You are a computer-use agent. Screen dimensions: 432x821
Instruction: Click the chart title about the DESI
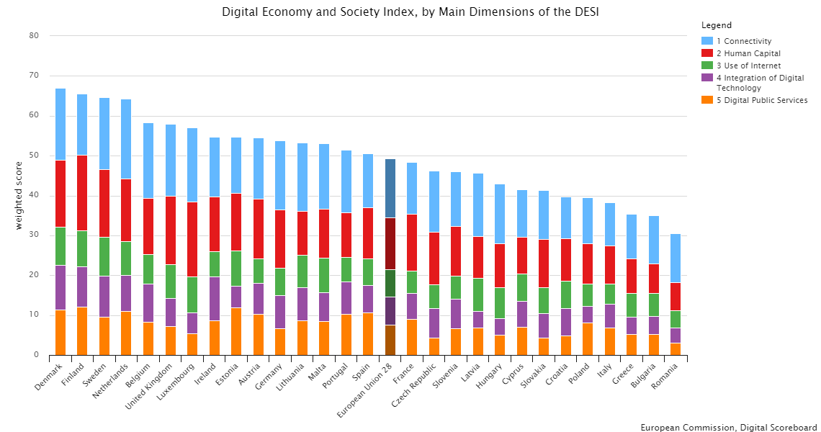[410, 12]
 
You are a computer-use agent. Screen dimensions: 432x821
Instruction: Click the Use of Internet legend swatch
[707, 66]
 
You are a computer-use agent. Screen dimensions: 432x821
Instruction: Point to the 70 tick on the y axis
[34, 76]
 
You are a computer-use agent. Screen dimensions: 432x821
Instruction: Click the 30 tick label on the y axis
[34, 235]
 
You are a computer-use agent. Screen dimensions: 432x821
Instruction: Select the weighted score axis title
[19, 195]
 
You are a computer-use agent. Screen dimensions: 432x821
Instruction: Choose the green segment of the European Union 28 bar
[390, 283]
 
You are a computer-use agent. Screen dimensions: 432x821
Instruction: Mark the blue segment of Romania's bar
[675, 258]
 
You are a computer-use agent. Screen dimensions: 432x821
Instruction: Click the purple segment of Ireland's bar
[215, 299]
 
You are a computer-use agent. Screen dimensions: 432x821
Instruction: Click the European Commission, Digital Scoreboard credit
[728, 427]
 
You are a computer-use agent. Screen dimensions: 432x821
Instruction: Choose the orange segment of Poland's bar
[587, 338]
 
